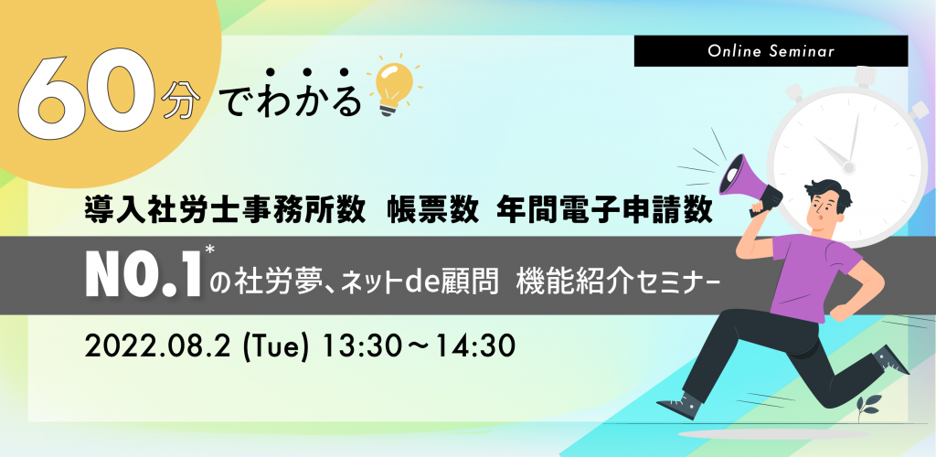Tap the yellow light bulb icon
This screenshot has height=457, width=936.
(391, 89)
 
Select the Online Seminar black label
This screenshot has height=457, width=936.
(771, 50)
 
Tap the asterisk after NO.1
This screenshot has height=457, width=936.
(209, 250)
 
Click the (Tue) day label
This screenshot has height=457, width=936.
(276, 347)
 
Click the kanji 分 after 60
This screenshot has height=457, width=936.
(178, 102)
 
